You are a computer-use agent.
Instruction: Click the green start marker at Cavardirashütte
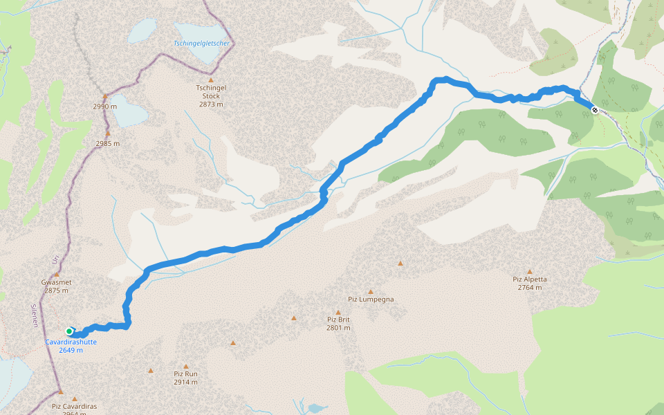pyautogui.click(x=69, y=331)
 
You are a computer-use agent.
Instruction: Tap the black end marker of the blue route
pyautogui.click(x=594, y=109)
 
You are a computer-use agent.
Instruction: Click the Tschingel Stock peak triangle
pyautogui.click(x=211, y=80)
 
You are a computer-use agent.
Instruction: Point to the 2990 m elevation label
pyautogui.click(x=105, y=107)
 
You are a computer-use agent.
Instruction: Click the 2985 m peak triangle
pyautogui.click(x=107, y=133)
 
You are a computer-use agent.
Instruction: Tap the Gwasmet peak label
pyautogui.click(x=57, y=282)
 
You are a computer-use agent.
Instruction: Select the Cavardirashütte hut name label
pyautogui.click(x=71, y=342)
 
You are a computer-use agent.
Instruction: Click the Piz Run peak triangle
pyautogui.click(x=186, y=365)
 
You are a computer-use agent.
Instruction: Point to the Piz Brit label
pyautogui.click(x=339, y=320)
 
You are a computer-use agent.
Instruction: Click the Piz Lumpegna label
pyautogui.click(x=371, y=299)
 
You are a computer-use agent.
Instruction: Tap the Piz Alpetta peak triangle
pyautogui.click(x=530, y=272)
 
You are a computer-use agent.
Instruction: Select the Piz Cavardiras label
pyautogui.click(x=74, y=407)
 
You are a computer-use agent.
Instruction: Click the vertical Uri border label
pyautogui.click(x=55, y=259)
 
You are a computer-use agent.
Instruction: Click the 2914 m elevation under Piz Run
pyautogui.click(x=185, y=382)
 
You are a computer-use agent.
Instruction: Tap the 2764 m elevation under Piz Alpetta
pyautogui.click(x=530, y=287)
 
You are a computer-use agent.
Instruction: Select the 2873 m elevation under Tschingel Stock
pyautogui.click(x=211, y=104)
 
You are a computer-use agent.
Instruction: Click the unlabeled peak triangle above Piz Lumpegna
pyautogui.click(x=400, y=263)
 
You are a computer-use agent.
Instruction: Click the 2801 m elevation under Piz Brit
pyautogui.click(x=339, y=328)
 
